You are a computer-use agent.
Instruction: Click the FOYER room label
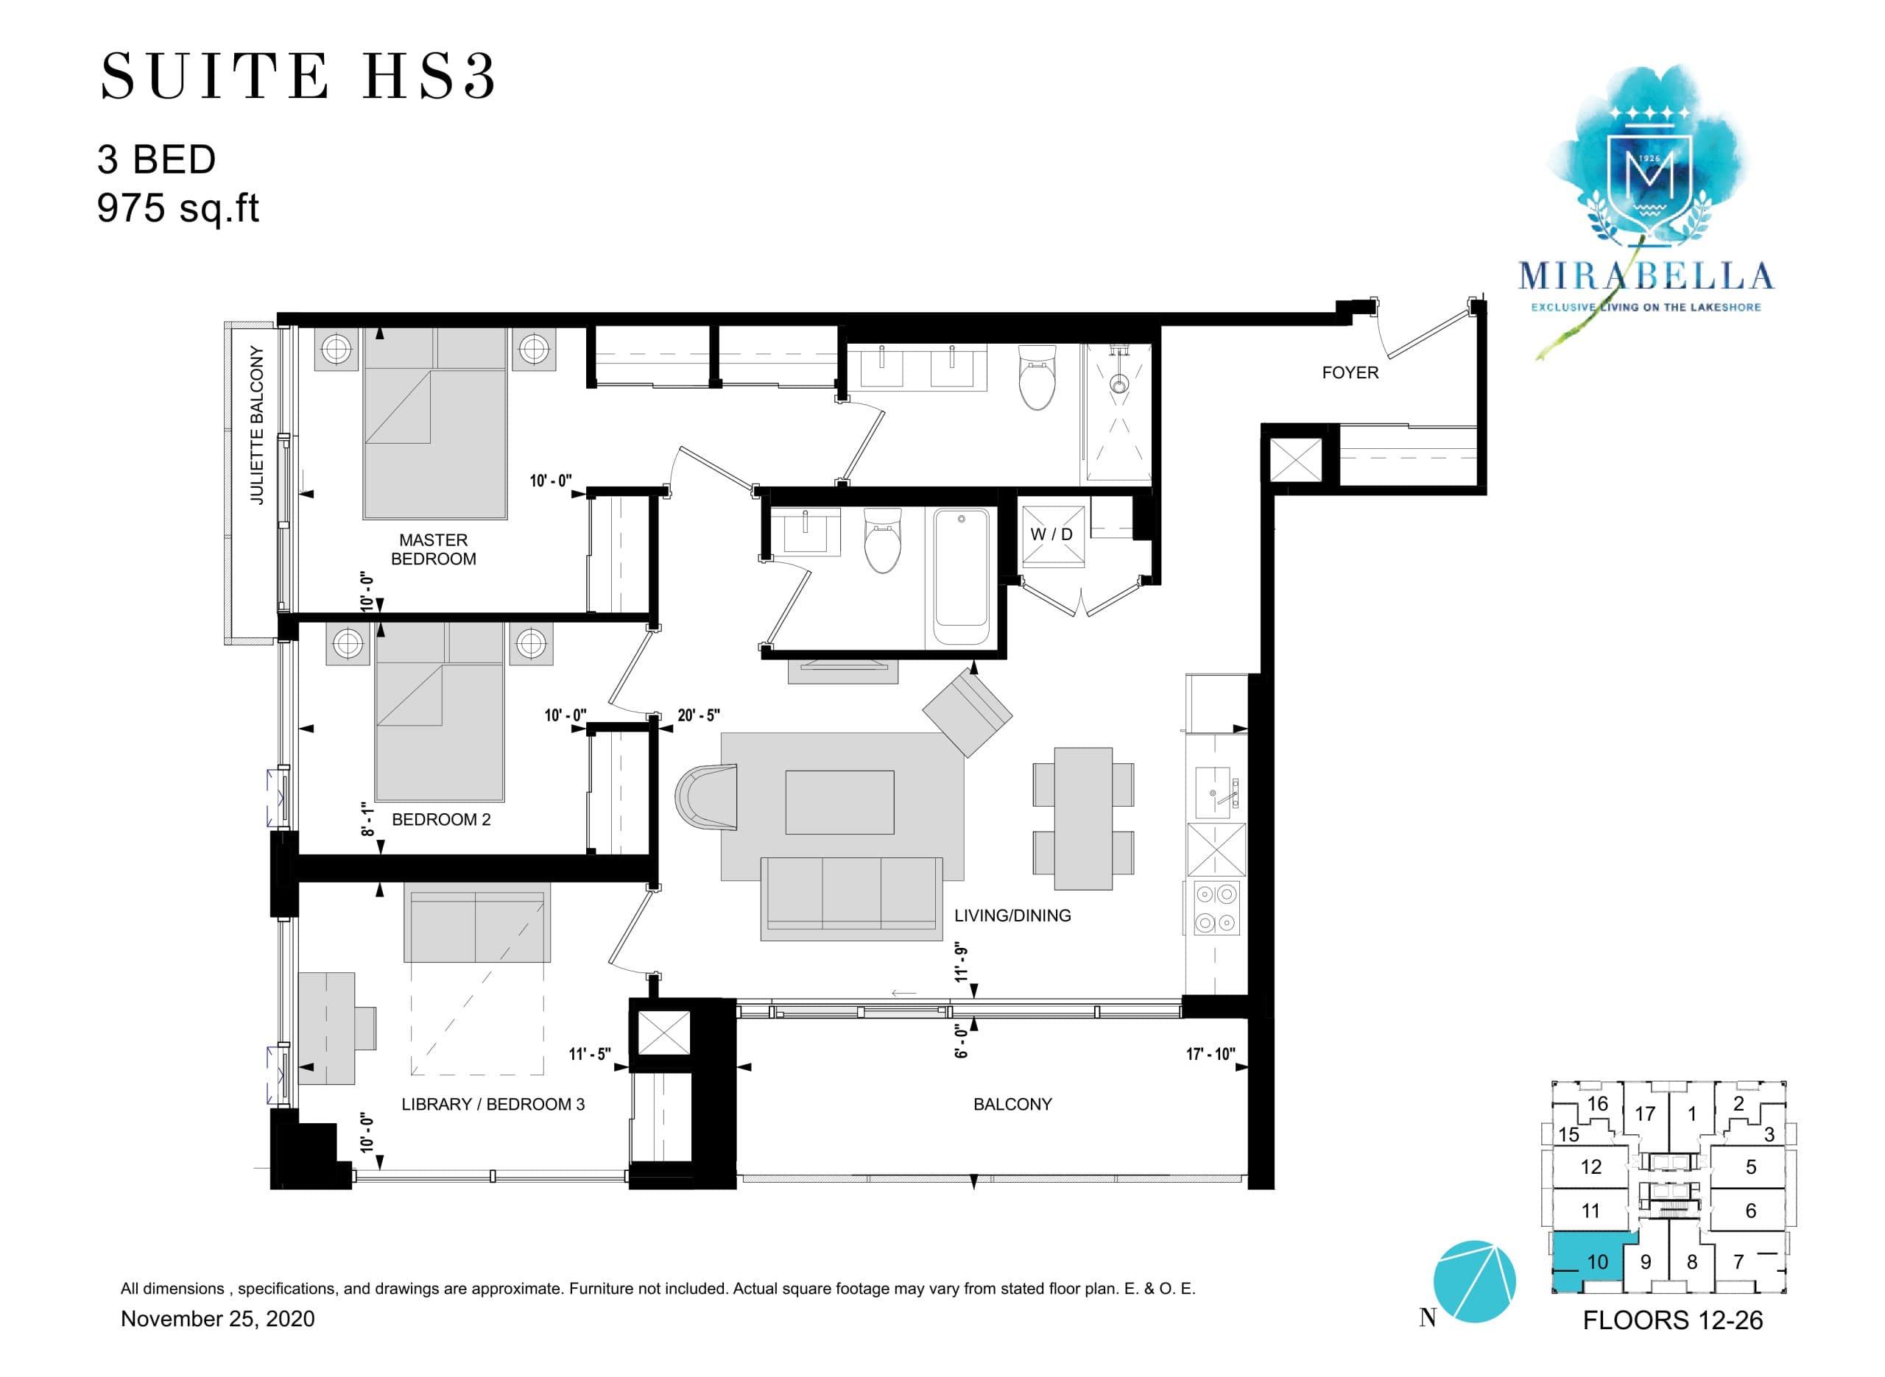(1349, 372)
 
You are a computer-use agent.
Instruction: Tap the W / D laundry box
(1051, 534)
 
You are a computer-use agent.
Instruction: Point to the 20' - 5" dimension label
(698, 715)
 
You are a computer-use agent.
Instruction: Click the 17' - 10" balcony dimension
(1210, 1054)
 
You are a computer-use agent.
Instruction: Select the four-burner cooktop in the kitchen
(1216, 907)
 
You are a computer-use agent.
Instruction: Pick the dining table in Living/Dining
(1082, 818)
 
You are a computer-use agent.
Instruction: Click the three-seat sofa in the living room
(850, 899)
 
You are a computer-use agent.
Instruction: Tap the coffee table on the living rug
(839, 802)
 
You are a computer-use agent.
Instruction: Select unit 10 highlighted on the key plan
(1588, 1261)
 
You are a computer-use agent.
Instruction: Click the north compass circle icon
(1473, 1281)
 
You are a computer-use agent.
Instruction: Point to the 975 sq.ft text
(177, 208)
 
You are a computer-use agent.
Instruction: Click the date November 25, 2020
(218, 1319)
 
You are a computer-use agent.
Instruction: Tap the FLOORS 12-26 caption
(1671, 1320)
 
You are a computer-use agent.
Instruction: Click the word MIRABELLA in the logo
(1645, 276)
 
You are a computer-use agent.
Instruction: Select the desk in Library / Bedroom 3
(327, 1027)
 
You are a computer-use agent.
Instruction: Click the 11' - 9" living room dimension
(960, 963)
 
